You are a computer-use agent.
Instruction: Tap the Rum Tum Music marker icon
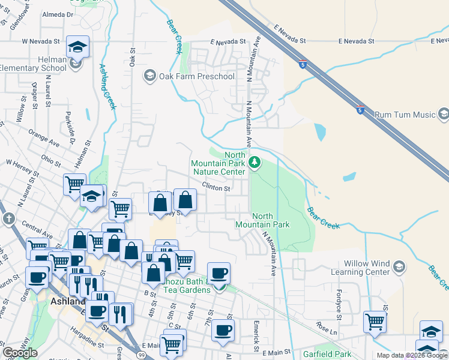tap(443, 114)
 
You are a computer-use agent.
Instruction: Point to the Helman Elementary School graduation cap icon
tap(77, 47)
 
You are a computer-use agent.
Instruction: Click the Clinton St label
tap(216, 188)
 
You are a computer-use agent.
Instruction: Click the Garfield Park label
tap(327, 354)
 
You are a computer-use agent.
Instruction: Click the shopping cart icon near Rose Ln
tap(375, 321)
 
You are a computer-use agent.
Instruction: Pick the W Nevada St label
tap(41, 42)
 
